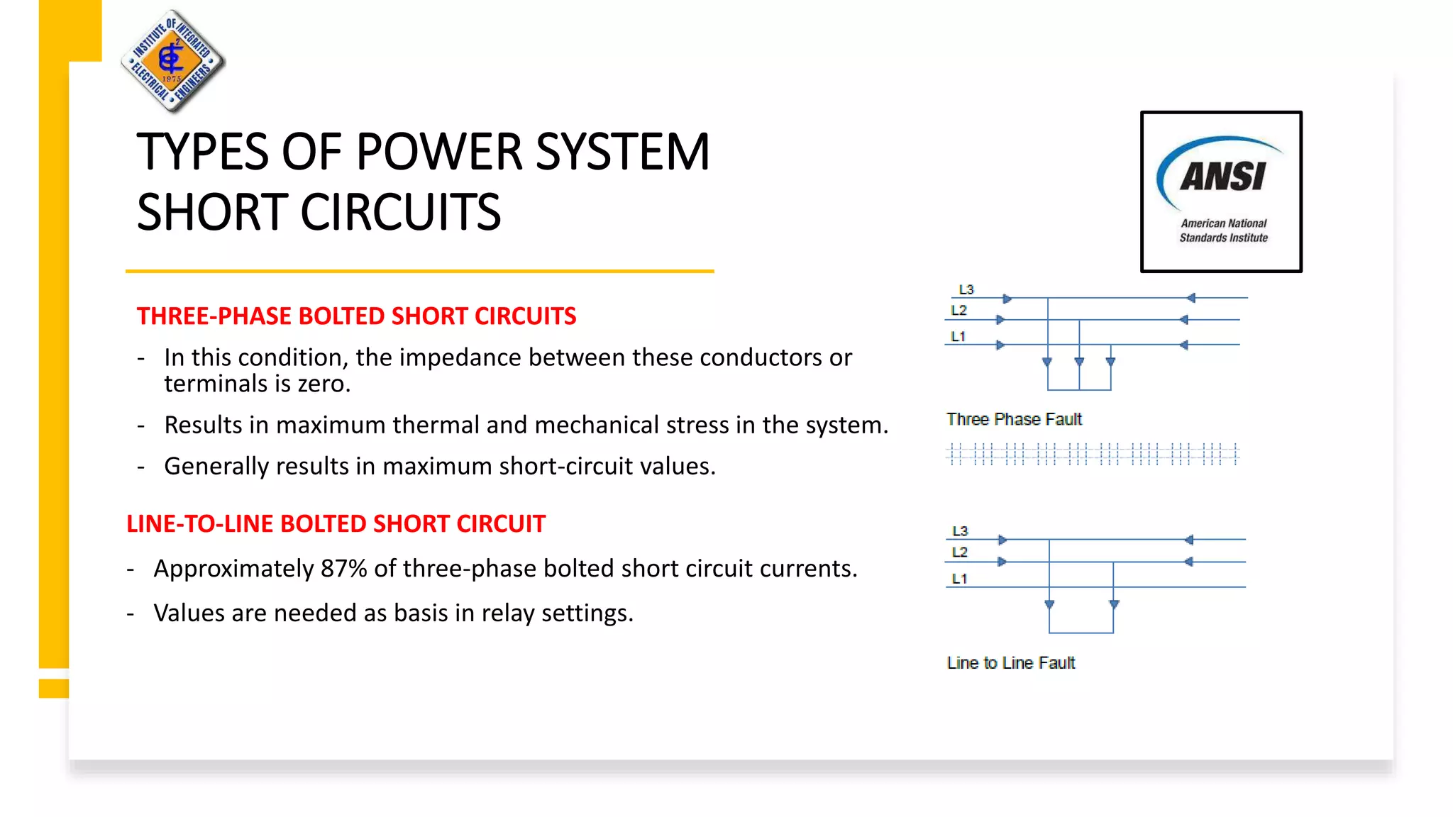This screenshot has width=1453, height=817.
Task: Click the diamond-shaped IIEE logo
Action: point(172,61)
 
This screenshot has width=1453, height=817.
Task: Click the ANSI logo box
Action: point(1221,191)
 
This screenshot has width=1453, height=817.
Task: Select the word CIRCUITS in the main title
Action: point(400,212)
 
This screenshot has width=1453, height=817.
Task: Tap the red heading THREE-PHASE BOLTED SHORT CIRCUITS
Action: point(356,316)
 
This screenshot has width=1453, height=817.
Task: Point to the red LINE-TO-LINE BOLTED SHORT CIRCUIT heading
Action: point(336,524)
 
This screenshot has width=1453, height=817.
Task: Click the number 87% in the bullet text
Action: point(343,569)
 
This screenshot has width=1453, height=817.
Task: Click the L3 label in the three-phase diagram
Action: point(966,290)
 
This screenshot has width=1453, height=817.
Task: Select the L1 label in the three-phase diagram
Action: point(958,337)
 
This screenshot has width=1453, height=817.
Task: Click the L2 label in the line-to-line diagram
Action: point(960,552)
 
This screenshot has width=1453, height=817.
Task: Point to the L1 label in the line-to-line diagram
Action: point(960,579)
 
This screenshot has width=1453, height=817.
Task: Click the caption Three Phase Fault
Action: point(1014,420)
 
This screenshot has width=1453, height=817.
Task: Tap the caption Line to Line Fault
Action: point(1011,663)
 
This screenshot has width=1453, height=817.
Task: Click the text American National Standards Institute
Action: point(1223,230)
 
